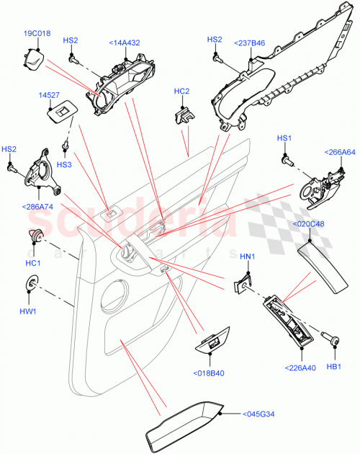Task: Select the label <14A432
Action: point(124,43)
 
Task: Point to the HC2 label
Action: point(181,92)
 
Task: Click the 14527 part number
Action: point(48,94)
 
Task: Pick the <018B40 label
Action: point(210,373)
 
